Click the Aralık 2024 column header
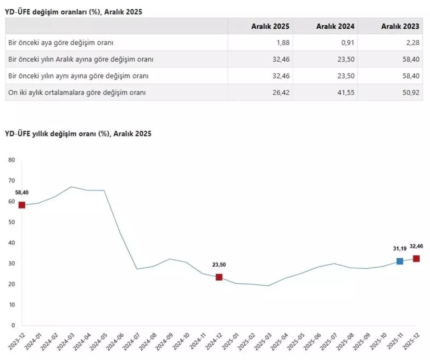click(x=335, y=26)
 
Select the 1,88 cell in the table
click(x=283, y=43)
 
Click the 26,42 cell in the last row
click(x=282, y=92)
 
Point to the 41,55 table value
click(x=347, y=92)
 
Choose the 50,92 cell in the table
click(x=411, y=92)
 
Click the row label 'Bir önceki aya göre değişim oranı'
click(x=61, y=43)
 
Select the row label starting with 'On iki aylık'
click(x=77, y=92)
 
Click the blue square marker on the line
click(x=400, y=261)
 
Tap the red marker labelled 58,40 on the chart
click(x=22, y=205)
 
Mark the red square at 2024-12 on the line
click(x=219, y=277)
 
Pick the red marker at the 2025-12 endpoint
click(x=416, y=259)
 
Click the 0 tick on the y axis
click(x=13, y=326)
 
